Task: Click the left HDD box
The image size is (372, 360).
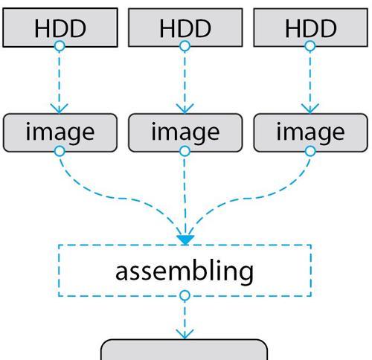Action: coord(60,28)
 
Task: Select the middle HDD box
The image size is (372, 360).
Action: coord(185,28)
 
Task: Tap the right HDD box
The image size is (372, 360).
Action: coord(310,28)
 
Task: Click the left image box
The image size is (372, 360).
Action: coord(60,132)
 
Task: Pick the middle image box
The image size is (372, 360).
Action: coord(185,132)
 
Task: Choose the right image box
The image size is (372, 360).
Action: coord(310,132)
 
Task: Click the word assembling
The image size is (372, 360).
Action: coord(185,271)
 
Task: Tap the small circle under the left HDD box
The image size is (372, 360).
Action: coord(60,46)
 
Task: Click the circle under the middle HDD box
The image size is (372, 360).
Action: coord(185,46)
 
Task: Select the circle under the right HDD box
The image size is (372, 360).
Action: coord(310,46)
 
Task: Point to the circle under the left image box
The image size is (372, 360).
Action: coord(60,151)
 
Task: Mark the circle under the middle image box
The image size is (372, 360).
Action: coord(185,151)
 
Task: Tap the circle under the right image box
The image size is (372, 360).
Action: coord(310,151)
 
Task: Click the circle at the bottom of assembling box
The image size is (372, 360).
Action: coord(185,295)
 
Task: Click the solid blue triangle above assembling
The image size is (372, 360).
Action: coord(185,240)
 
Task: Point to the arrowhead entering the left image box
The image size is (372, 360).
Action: coord(60,109)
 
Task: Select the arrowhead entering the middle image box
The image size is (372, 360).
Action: coord(185,109)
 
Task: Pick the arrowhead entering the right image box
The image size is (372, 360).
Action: coord(310,109)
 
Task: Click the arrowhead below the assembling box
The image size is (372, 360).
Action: coord(185,335)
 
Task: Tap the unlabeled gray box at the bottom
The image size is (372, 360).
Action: coord(185,350)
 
